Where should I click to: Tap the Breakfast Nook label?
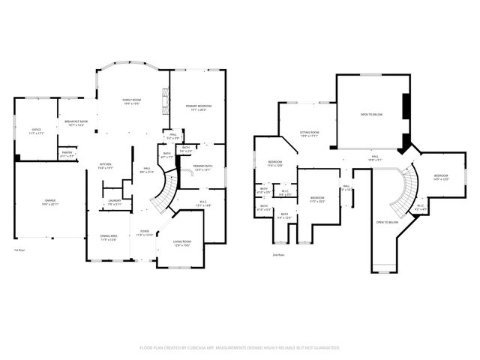tap(76, 123)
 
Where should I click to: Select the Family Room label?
tap(132, 101)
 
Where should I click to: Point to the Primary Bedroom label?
tap(199, 107)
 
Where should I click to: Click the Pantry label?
tap(67, 154)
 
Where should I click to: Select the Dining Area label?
tap(108, 238)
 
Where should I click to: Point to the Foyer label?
tap(143, 233)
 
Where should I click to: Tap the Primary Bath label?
tap(202, 167)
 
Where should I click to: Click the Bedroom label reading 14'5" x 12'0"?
tap(440, 177)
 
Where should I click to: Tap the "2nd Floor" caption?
tap(279, 255)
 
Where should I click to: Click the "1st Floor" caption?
tap(19, 250)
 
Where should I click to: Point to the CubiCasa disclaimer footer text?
tap(240, 348)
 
